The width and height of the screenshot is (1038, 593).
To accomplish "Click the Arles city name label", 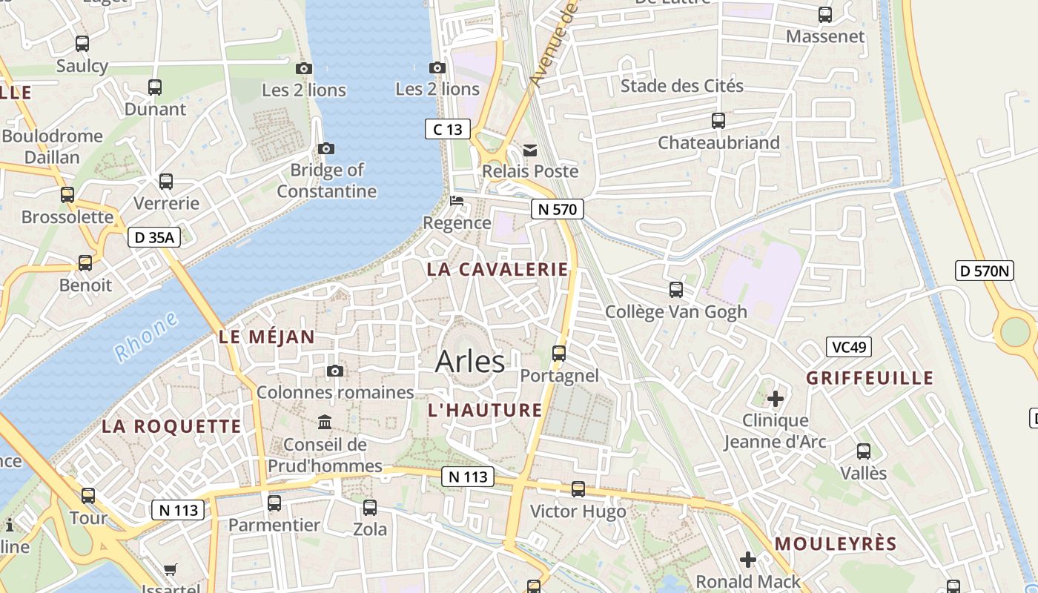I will coord(470,362).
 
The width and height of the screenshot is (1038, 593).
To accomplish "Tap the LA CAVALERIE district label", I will coord(497,269).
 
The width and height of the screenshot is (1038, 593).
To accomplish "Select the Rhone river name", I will coord(147,337).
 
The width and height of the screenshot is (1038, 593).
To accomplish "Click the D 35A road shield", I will coord(154,237).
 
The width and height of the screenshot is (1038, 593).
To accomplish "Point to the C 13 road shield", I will coord(448,129).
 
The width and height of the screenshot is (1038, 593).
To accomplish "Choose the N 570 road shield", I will coord(558,209).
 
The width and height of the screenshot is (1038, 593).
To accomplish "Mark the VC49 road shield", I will coord(849,347).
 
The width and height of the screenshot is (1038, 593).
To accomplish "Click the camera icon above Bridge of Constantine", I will coord(326,148).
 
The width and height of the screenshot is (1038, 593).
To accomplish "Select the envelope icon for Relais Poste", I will coord(530,150).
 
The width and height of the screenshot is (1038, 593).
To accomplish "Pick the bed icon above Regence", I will coord(457,201).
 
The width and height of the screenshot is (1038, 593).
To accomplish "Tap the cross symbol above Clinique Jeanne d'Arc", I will coord(776,399).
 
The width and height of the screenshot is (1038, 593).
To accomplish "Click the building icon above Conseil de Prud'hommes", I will coord(325,423).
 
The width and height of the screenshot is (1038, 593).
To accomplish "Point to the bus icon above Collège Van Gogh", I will coord(676,290).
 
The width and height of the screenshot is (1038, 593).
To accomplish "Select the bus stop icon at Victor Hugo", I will coord(578,489).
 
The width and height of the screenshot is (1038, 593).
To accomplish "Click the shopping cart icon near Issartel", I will coord(171,570).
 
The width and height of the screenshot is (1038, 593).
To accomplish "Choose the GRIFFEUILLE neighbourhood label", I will coord(870,378).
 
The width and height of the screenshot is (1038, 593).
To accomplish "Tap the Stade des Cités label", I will coord(681,85).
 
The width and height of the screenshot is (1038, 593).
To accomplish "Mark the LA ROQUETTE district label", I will coord(171,426).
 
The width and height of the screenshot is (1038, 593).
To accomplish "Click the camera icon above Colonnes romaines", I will coord(335,371).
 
